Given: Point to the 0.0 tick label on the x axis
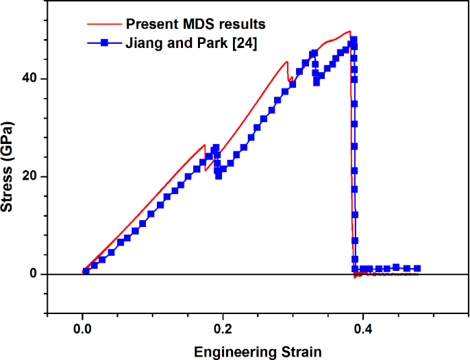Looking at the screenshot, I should [x=82, y=328].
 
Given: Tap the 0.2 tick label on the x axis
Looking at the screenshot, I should [x=223, y=328].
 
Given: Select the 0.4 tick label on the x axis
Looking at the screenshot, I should [x=363, y=328].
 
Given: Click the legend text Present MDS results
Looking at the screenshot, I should [x=195, y=25].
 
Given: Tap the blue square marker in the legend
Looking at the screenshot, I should [x=105, y=43].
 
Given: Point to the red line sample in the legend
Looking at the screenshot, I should [x=105, y=25].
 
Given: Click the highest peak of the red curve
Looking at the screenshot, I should [x=349, y=32].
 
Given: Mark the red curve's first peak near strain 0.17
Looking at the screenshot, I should [x=204, y=145].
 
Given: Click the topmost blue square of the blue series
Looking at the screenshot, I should [x=354, y=40].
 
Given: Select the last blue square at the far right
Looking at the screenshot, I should [x=417, y=269].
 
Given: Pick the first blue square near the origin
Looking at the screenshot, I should [x=86, y=272].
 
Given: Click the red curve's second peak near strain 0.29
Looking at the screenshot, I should [x=287, y=62].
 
